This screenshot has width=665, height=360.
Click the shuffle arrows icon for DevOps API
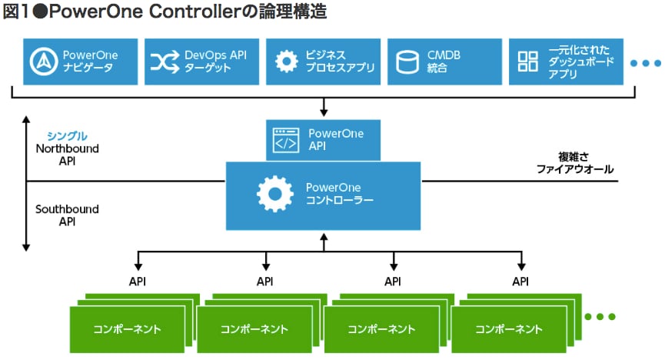(x=164, y=62)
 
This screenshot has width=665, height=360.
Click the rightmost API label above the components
(x=520, y=282)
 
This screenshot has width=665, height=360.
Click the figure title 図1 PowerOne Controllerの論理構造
(x=165, y=12)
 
